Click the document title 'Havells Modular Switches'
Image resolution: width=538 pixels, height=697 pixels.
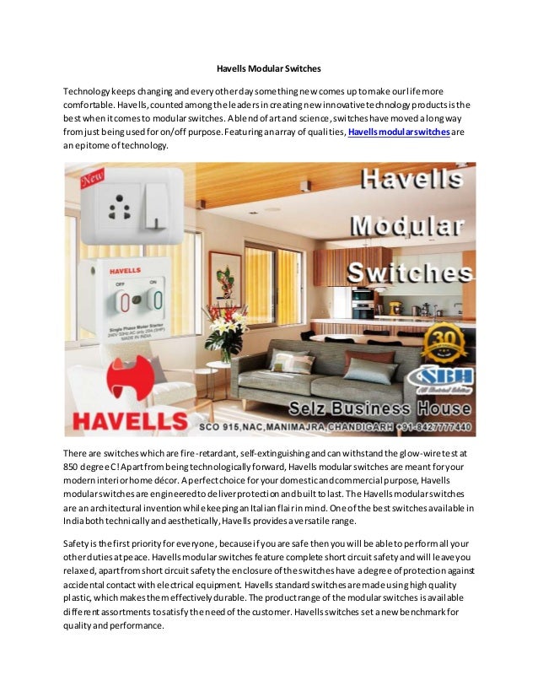point(269,68)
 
